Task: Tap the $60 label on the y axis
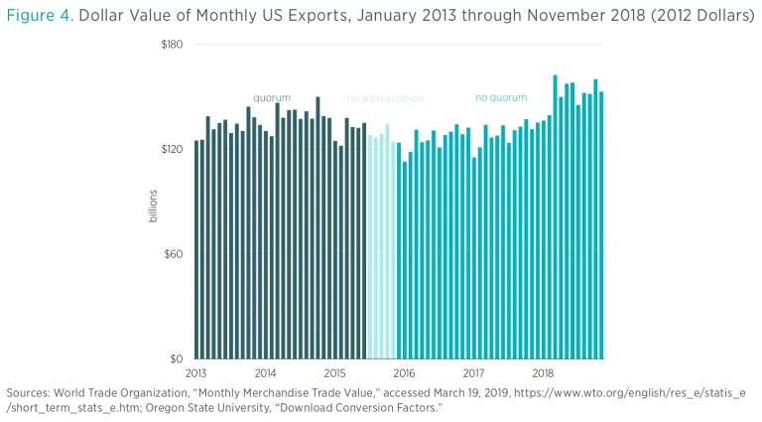173,253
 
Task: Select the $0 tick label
177,358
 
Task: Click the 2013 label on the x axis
195,372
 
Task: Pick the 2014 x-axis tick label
265,372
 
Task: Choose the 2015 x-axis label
334,372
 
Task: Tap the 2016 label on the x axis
404,372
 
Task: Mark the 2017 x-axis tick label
473,372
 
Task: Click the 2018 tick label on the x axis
543,372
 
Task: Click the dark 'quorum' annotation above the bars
272,98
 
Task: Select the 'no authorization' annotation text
385,98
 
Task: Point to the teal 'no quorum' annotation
501,98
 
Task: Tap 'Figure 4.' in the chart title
39,16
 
